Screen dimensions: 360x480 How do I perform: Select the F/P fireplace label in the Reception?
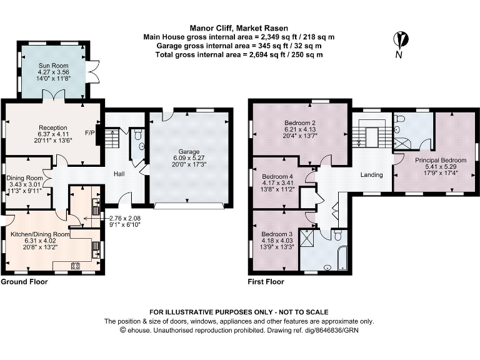(90, 132)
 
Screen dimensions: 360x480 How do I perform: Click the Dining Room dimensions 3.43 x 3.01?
(24, 184)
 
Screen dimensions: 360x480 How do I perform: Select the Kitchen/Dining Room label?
(39, 234)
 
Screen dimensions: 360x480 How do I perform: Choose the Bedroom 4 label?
(277, 176)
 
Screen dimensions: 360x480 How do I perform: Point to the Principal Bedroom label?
(436, 160)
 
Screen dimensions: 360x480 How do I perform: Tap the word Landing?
(371, 175)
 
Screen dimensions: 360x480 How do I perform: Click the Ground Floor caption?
(24, 282)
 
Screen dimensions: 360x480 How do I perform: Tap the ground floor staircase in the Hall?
(112, 138)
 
